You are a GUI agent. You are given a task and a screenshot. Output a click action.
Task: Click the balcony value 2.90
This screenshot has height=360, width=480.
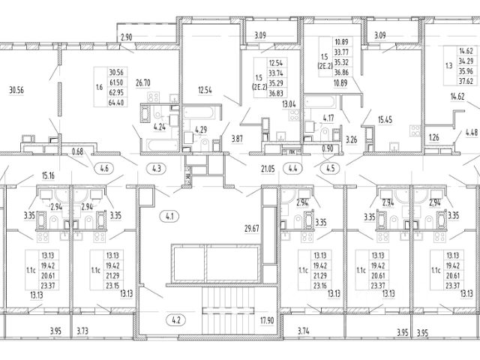(x=126, y=37)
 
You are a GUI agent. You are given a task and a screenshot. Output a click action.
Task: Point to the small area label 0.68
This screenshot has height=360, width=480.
(x=77, y=152)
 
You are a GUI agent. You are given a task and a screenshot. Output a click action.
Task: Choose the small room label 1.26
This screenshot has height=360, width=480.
(x=433, y=138)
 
